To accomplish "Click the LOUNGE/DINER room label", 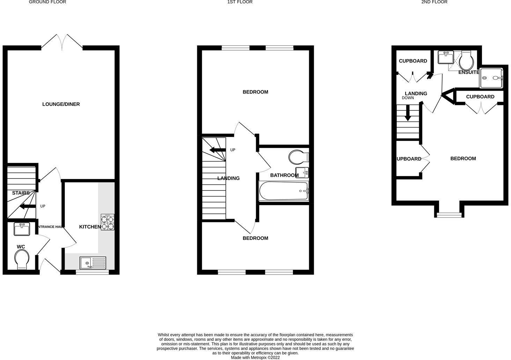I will coord(61,104).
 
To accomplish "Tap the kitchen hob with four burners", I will coord(108,222).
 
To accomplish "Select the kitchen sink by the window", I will coord(93,263).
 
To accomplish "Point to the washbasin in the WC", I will coord(22,229).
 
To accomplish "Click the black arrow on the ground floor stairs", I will coord(27,207).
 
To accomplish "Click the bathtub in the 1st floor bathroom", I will coord(283,191).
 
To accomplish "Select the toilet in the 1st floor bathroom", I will coord(298,157).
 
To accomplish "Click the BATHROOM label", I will coord(284,175).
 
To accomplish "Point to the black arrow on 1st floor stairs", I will coord(217,150).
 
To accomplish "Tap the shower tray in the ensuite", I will coord(492,78).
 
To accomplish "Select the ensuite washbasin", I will coord(445,57).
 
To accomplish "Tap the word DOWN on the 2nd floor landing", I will coord(408,98).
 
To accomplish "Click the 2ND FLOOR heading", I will coord(434,2).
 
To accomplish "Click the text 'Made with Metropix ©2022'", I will coord(255,358).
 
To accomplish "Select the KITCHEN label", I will coord(90,227).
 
